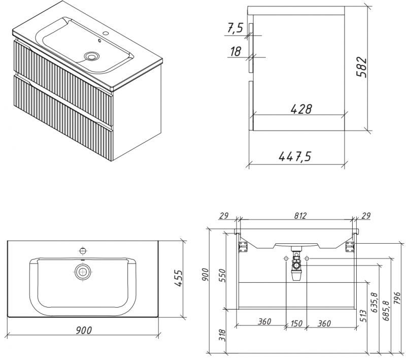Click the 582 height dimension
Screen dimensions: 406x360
[361, 67]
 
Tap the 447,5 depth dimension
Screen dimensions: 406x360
[295, 156]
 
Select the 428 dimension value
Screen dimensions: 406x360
[301, 109]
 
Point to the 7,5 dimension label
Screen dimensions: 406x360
[235, 28]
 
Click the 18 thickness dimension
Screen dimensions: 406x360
[235, 51]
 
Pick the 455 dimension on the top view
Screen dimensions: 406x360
[178, 278]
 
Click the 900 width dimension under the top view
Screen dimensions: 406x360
[84, 330]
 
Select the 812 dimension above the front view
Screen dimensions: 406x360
[300, 215]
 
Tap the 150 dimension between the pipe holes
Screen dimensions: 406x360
[296, 323]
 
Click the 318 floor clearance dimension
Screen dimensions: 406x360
[222, 335]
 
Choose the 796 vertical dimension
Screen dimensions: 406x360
[397, 298]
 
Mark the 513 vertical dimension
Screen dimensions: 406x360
[363, 316]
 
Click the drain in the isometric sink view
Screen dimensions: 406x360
[92, 56]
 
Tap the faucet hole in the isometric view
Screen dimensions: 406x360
[106, 33]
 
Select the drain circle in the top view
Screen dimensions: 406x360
[83, 272]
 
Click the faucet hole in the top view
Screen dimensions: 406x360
[83, 251]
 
